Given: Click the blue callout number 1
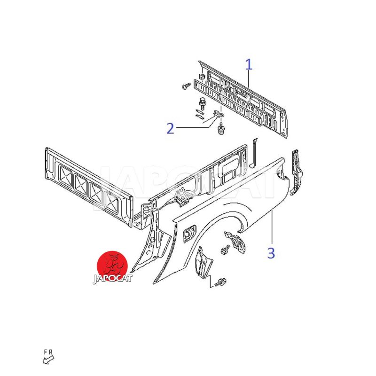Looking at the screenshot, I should (249, 64).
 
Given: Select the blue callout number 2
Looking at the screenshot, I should (170, 128).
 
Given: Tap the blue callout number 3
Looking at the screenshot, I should (271, 253).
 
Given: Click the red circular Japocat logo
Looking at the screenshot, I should (112, 265).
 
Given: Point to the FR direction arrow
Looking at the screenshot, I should (48, 360).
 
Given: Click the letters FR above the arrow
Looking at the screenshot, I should (48, 352).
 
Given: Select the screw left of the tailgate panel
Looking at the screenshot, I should (185, 86).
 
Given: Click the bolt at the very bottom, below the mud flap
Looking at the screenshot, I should (220, 283).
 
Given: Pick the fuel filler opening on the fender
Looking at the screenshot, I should (190, 232).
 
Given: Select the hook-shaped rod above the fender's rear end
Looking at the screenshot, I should (253, 152).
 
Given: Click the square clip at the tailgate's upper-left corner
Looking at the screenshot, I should (201, 76).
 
